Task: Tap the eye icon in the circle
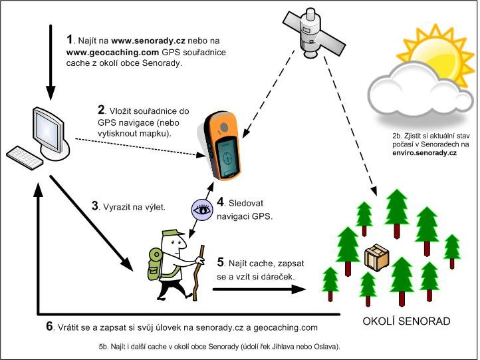coord(201,208)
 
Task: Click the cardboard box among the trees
coord(377,256)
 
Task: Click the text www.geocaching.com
coord(111,51)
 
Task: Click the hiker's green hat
coord(170,233)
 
